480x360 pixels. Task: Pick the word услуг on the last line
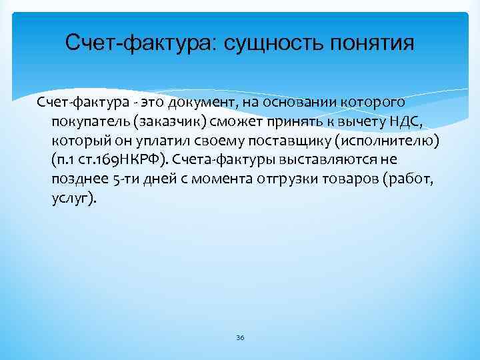[x=71, y=199]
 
